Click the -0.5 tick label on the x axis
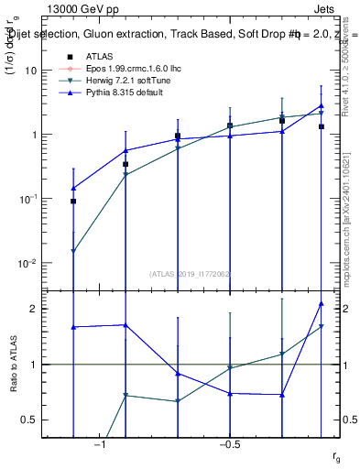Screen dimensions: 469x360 229,445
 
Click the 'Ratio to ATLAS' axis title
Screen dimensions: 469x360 13,365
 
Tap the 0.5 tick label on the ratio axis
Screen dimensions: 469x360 31,420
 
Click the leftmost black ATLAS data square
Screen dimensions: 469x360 73,201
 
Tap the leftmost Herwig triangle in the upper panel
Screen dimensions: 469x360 73,251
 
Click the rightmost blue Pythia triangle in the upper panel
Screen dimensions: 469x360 322,105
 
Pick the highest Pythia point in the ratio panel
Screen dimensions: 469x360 322,303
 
